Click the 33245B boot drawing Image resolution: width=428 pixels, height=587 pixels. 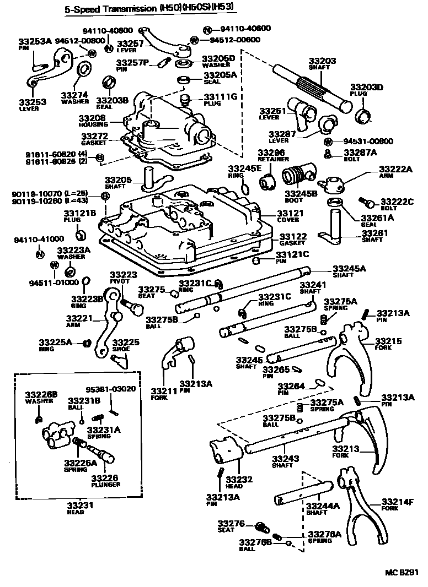pos(297,177)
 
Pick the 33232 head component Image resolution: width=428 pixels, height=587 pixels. pos(225,450)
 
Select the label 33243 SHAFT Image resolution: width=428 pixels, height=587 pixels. pos(288,461)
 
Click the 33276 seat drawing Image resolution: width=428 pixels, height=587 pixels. pos(261,528)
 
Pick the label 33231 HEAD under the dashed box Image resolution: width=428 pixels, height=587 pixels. pos(76,508)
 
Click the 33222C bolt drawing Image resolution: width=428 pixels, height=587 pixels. pos(367,202)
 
